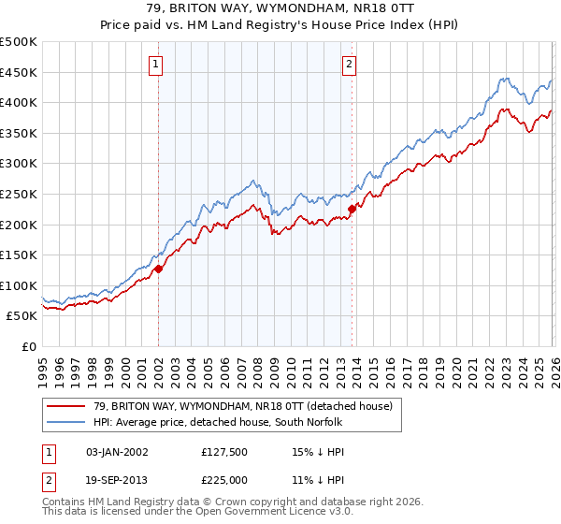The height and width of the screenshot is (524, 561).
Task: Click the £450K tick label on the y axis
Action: (19, 72)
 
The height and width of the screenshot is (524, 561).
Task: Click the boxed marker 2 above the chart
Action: (349, 65)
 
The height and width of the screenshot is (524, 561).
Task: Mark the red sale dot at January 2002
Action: (158, 269)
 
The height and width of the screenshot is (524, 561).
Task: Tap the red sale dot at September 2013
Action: (352, 209)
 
